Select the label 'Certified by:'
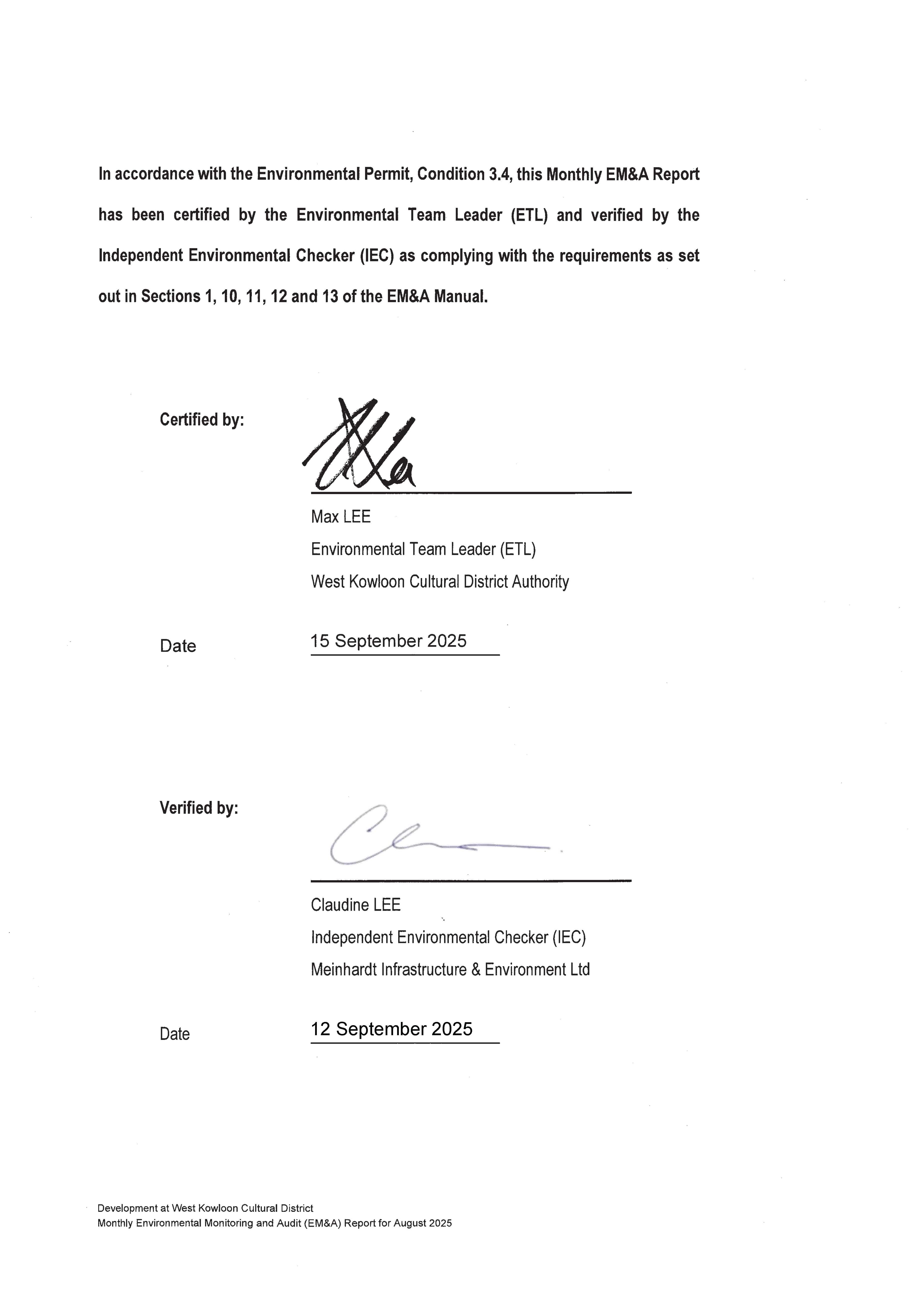coord(202,420)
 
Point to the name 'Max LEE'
coord(341,517)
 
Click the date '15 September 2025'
coord(388,641)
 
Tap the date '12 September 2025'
coord(391,1029)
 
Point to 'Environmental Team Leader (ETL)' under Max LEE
coord(423,550)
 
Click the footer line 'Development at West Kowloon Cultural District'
coord(205,1208)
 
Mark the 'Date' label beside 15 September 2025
coord(178,646)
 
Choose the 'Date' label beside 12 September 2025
coord(175,1034)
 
